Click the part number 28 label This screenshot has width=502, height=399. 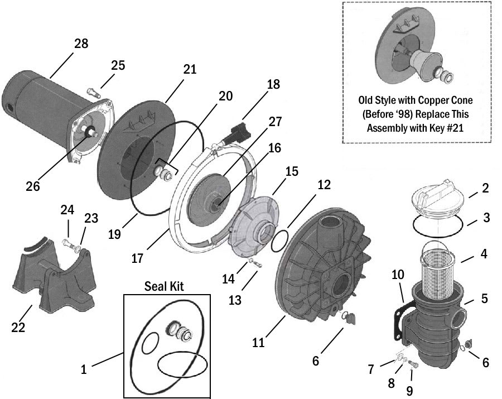(x=81, y=44)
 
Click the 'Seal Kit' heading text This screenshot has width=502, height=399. (x=164, y=286)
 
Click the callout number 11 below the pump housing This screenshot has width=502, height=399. (x=258, y=342)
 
